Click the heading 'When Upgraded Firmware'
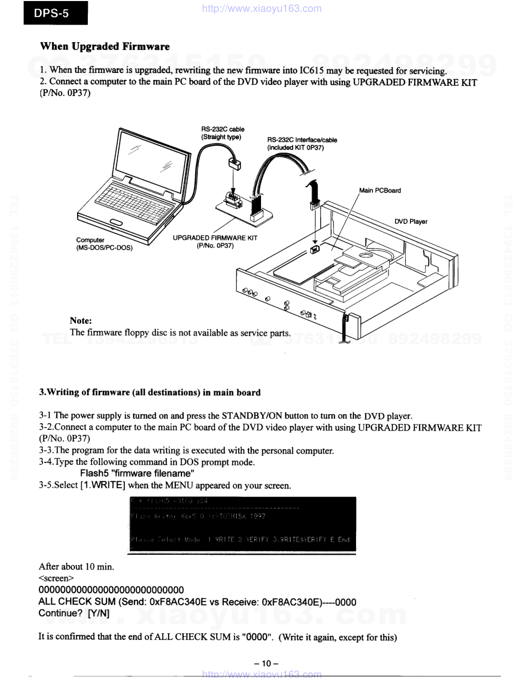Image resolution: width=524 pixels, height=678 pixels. (105, 47)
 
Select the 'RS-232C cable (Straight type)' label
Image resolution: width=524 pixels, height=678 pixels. (222, 133)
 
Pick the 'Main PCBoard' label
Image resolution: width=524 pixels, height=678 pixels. (380, 191)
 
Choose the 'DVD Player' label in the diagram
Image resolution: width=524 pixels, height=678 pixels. (411, 222)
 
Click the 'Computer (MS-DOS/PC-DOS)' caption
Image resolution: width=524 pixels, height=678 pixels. (104, 244)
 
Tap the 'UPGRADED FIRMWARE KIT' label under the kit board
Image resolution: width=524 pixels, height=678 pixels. (215, 241)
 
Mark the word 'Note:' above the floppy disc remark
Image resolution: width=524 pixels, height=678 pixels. (81, 321)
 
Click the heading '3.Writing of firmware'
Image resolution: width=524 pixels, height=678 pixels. (150, 392)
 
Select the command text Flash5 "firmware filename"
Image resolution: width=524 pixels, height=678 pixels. (137, 474)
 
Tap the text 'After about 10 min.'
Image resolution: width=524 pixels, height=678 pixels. (77, 567)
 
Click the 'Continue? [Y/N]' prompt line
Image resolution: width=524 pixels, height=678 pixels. (74, 613)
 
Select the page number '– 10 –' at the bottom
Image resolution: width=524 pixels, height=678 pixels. (266, 664)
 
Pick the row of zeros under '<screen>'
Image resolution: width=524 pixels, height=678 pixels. (111, 590)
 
